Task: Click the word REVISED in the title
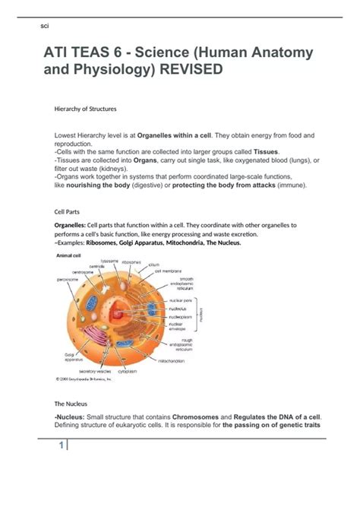tap(185, 69)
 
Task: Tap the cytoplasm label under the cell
tap(128, 371)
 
